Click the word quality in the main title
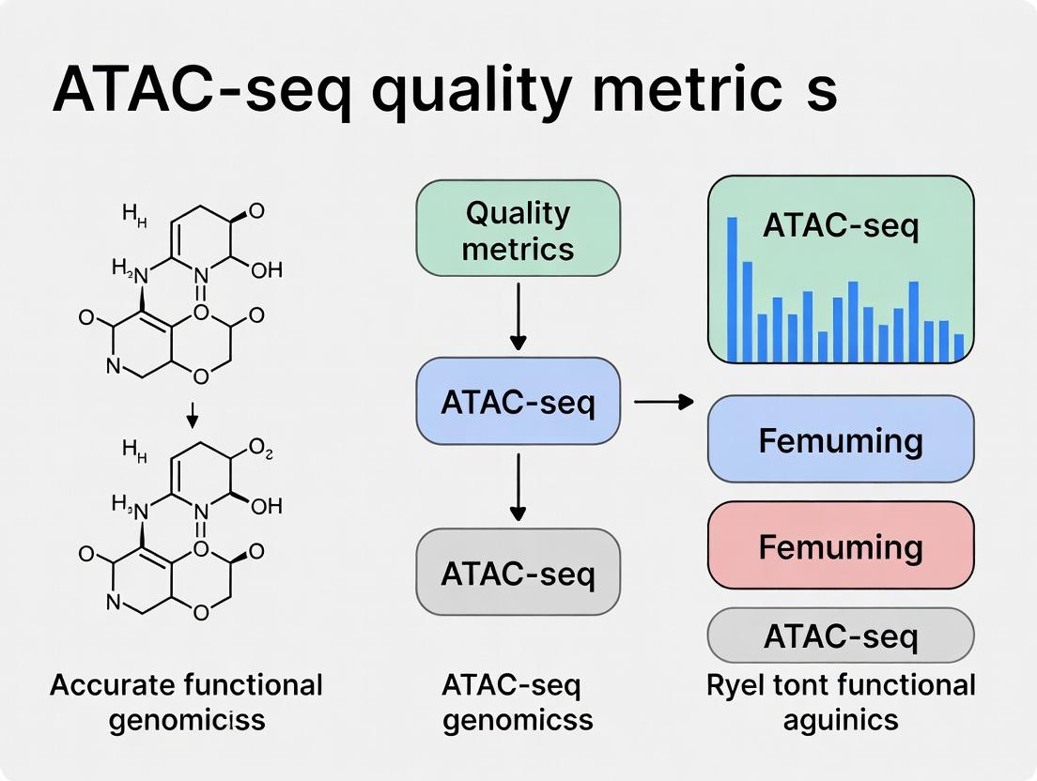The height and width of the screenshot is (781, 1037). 467,91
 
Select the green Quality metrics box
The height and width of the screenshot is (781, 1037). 518,229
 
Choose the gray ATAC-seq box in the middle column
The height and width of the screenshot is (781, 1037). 518,572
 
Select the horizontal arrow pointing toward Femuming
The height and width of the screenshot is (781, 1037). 663,402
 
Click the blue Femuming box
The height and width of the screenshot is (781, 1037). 841,439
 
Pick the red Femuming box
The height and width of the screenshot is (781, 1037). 841,545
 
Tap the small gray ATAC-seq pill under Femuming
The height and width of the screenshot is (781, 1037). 841,636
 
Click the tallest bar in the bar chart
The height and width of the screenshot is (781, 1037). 733,289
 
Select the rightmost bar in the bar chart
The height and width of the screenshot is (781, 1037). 958,347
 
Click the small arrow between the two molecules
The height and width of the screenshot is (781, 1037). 192,412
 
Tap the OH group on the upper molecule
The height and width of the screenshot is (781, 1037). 267,270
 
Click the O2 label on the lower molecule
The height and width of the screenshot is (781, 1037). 261,456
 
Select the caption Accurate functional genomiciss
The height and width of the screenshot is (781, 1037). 186,702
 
